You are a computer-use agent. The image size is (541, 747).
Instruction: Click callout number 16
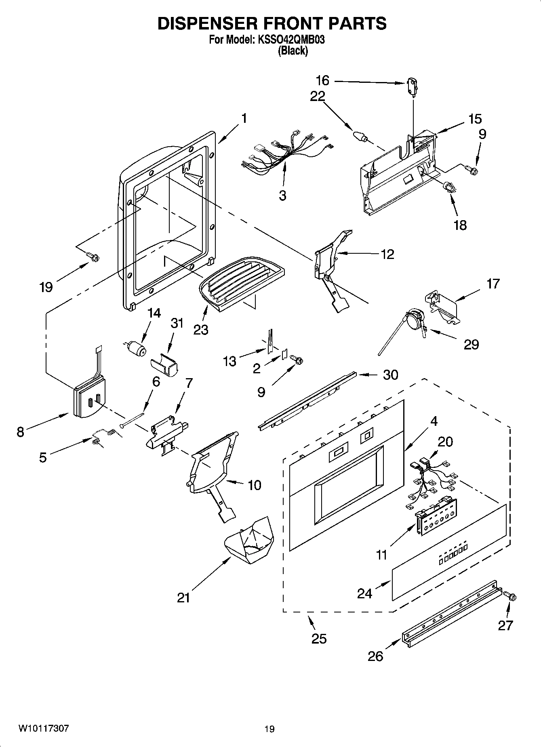322,81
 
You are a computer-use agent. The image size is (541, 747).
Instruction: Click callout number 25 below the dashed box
318,638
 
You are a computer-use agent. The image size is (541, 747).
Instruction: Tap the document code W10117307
43,729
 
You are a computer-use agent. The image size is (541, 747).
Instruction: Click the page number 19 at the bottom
269,729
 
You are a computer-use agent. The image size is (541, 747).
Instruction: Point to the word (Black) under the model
293,51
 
